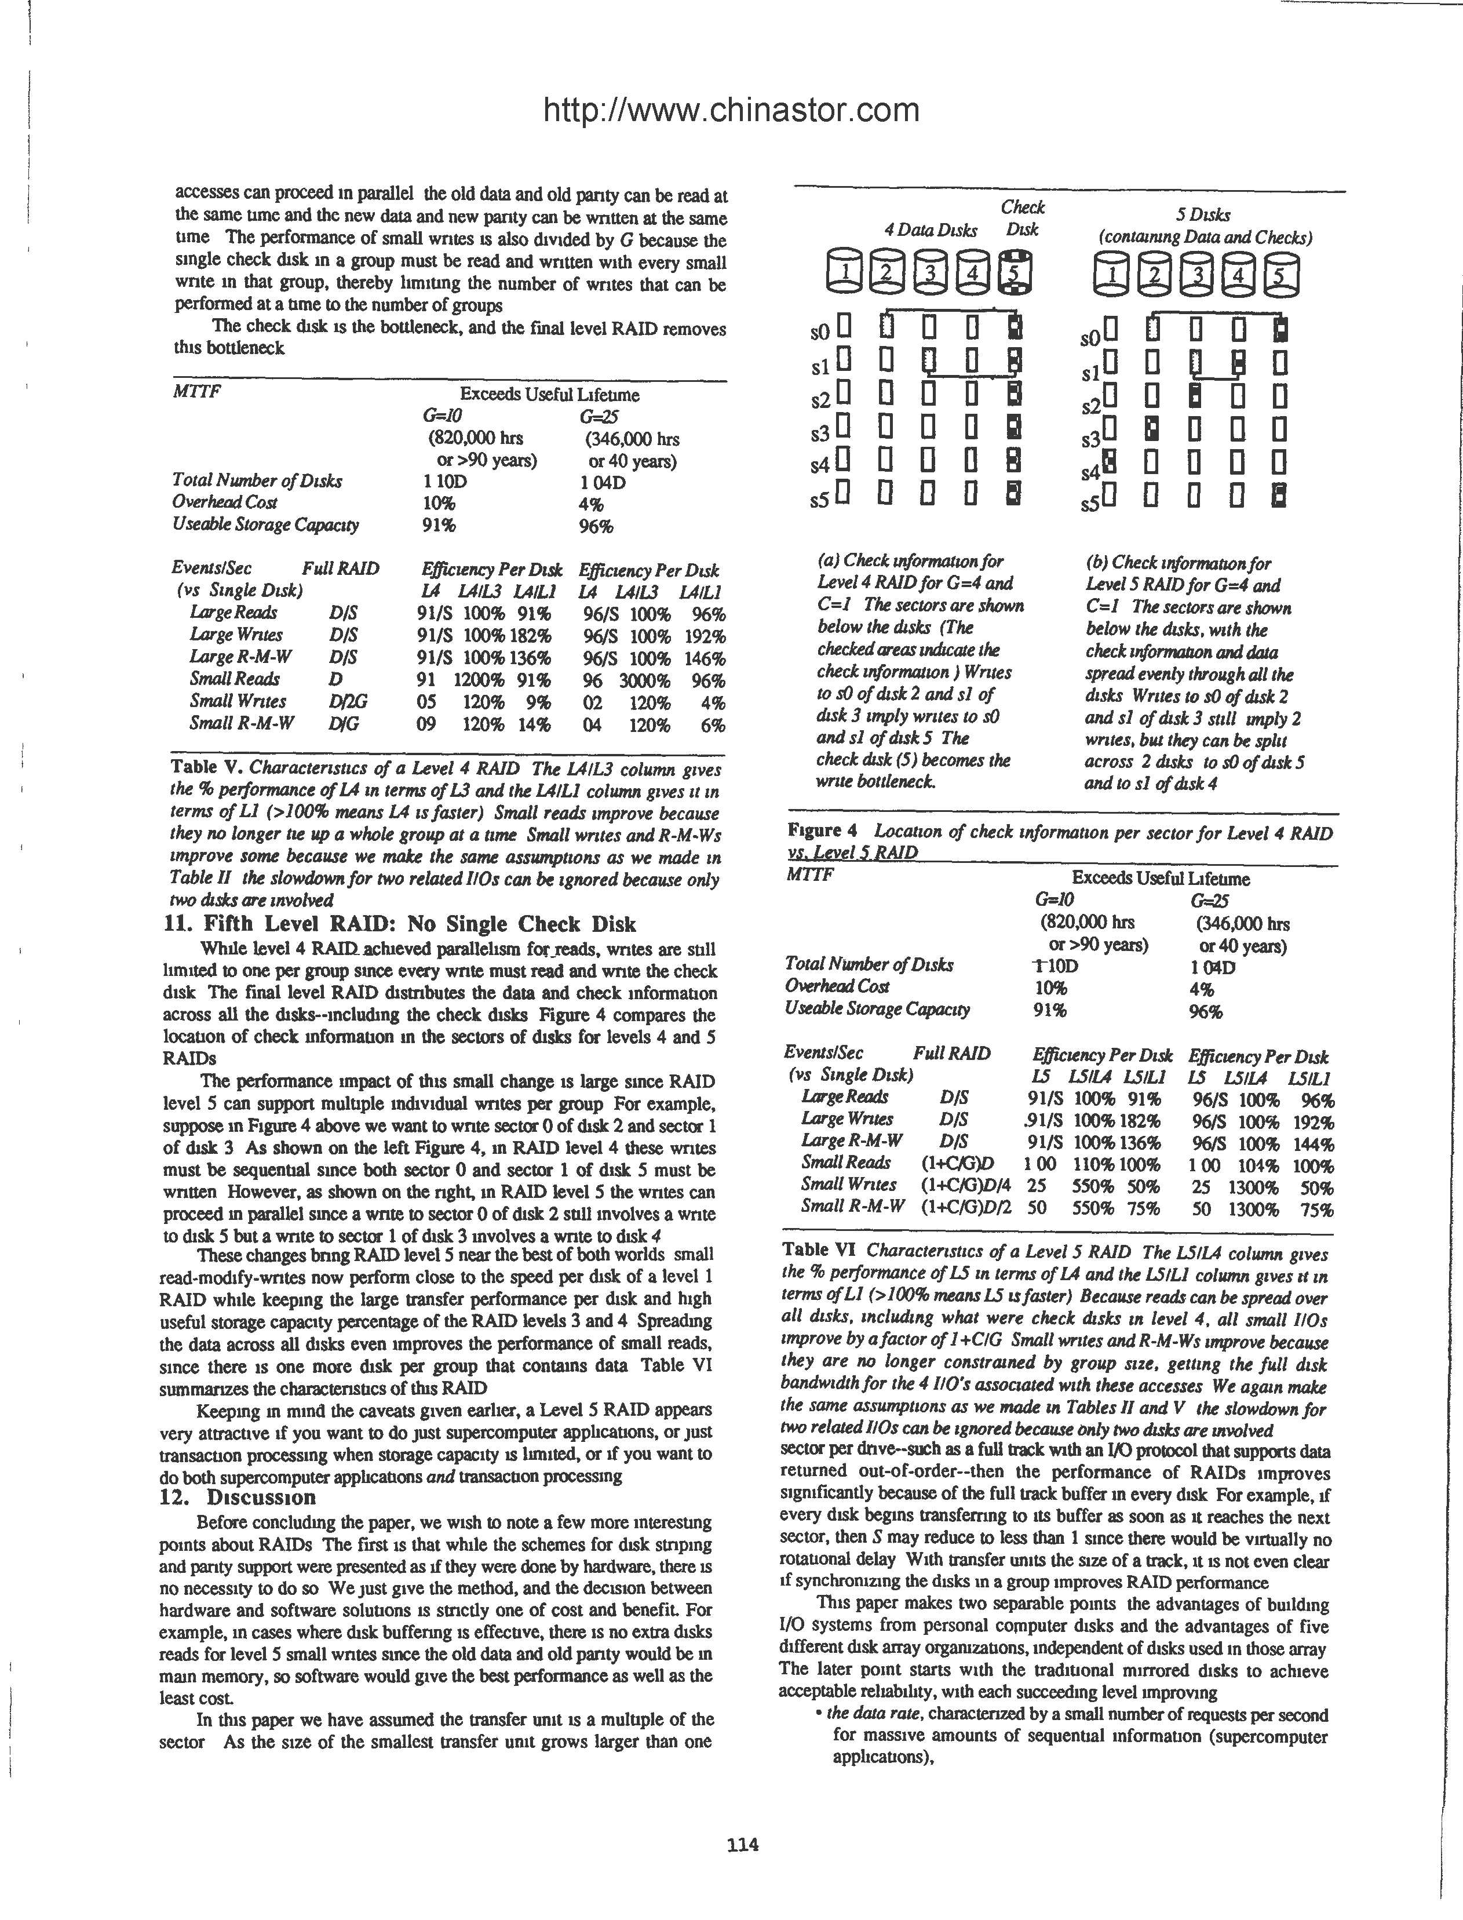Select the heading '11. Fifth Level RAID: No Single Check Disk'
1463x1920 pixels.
click(400, 924)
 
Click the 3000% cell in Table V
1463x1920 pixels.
click(644, 680)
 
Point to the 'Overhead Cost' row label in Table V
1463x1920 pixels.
click(225, 502)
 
